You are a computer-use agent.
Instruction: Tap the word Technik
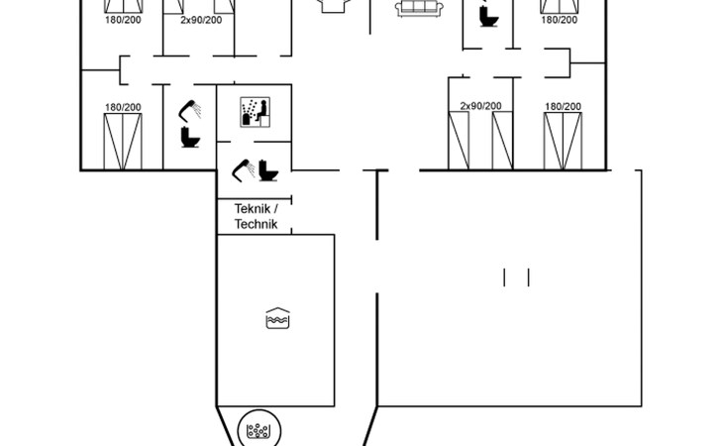256,224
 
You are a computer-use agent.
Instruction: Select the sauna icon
255,112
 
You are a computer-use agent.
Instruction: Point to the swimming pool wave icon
277,318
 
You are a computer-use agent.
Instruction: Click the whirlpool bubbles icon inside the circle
258,431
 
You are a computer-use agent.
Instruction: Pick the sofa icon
419,8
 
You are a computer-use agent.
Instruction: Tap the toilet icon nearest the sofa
488,16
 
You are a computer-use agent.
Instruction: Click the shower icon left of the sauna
190,111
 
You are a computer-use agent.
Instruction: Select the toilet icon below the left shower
190,137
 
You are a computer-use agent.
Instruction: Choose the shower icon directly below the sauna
244,170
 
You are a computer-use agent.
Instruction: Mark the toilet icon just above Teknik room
267,170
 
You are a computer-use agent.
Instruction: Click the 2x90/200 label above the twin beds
480,106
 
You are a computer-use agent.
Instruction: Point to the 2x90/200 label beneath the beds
201,20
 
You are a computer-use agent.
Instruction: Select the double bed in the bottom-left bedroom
123,142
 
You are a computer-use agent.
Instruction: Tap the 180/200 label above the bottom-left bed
123,107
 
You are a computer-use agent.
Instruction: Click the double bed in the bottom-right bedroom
563,141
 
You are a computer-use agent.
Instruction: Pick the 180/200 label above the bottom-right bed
563,106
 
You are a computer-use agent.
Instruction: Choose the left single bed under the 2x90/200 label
459,141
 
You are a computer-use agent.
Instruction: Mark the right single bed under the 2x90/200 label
502,141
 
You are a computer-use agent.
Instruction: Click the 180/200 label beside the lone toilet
560,20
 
